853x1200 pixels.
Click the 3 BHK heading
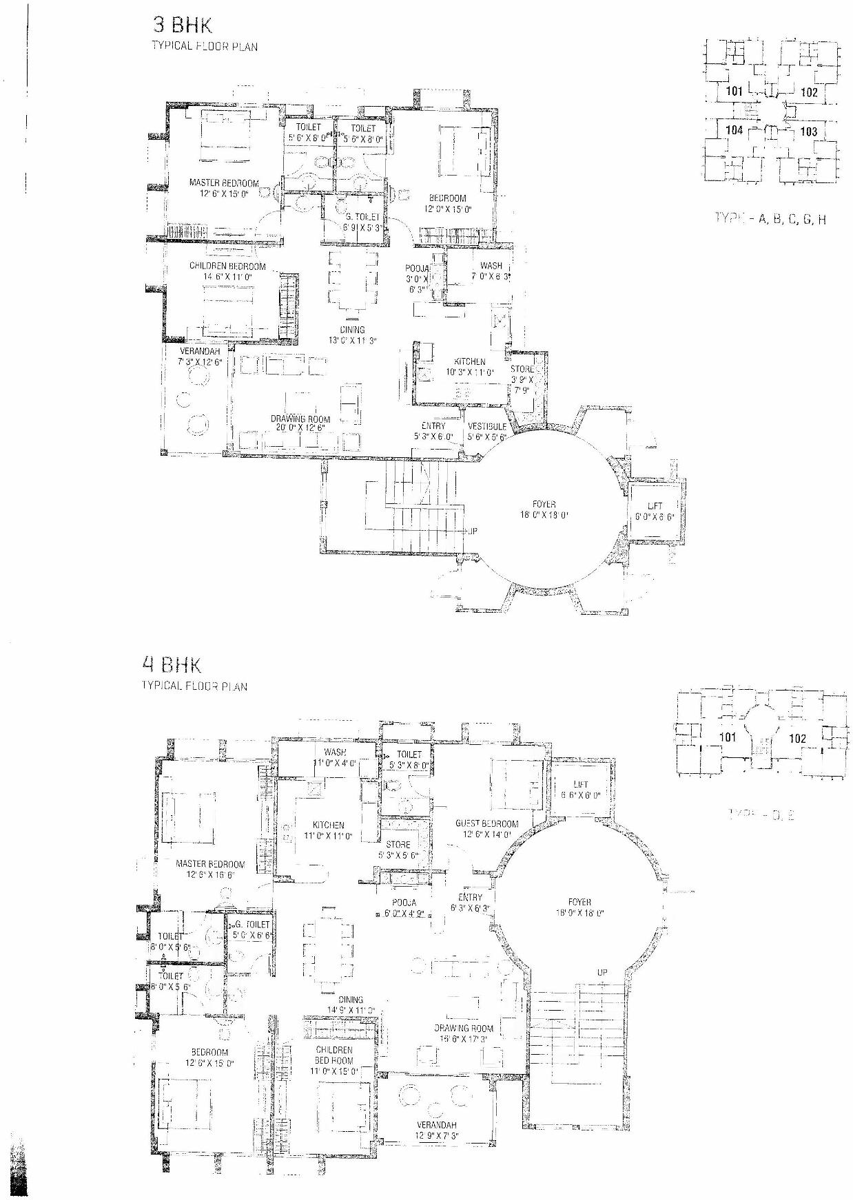pos(183,26)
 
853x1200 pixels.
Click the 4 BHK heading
pos(172,665)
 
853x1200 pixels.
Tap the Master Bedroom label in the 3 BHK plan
pos(224,183)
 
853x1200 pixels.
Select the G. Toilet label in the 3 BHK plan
pos(362,217)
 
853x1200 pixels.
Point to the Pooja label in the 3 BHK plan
pos(418,269)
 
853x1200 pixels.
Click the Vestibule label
pos(487,427)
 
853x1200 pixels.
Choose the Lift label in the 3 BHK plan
pos(655,506)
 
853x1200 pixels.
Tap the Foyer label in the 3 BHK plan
pos(544,505)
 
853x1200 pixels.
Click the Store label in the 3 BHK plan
pos(522,370)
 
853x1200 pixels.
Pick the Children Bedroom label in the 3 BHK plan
pos(227,266)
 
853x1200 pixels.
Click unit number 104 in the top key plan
pos(734,130)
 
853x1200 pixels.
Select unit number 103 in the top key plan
pos(809,131)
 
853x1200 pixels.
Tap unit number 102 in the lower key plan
pos(797,739)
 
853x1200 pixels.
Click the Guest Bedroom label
pos(486,824)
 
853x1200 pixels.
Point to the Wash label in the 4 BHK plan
pos(335,752)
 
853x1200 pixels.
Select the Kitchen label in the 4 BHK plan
pos(328,825)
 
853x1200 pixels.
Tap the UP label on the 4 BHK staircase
pos(602,972)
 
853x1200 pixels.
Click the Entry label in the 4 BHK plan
pos(470,897)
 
